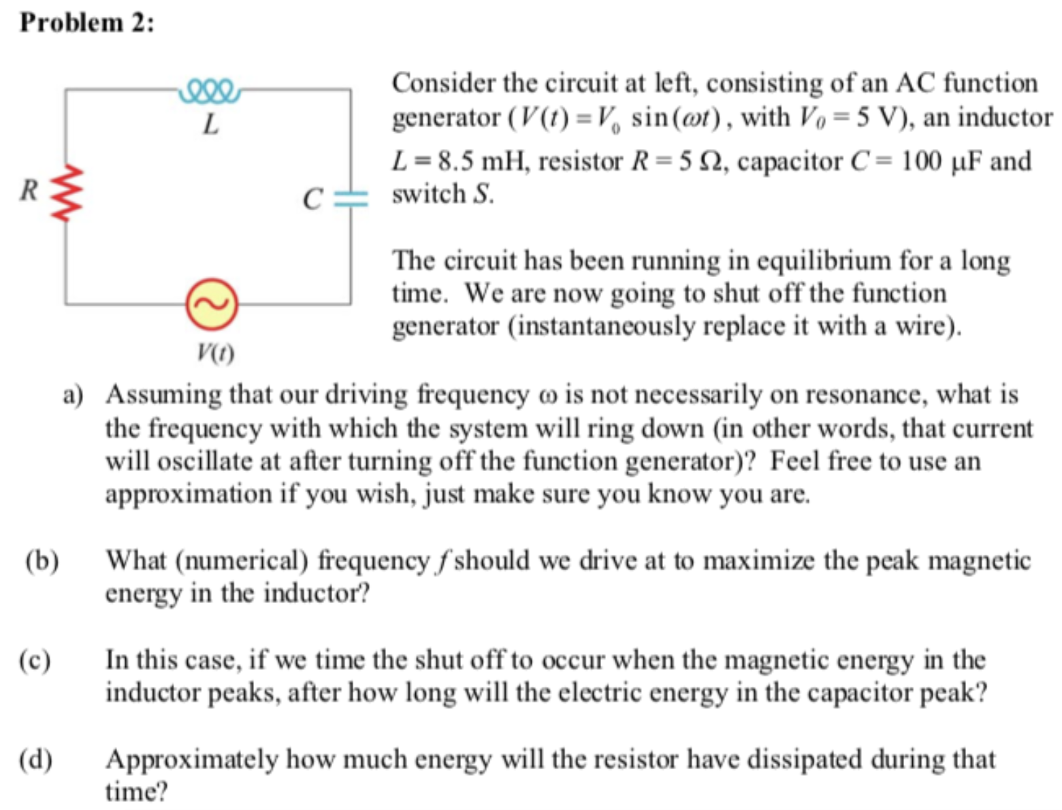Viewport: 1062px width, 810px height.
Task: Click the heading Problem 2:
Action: [87, 22]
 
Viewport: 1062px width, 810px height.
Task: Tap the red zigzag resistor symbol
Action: [67, 193]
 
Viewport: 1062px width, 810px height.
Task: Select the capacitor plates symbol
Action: [351, 198]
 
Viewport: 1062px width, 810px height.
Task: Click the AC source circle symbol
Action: [212, 304]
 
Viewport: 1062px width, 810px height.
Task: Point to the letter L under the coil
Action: [211, 125]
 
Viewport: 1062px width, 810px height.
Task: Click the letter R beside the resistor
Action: [29, 190]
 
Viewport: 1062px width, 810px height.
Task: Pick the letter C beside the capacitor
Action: [312, 199]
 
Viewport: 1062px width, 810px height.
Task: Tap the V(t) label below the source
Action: [214, 353]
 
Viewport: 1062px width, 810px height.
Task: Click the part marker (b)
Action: [42, 561]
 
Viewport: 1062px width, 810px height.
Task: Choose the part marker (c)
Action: [35, 660]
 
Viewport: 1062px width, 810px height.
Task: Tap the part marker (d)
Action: [36, 759]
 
